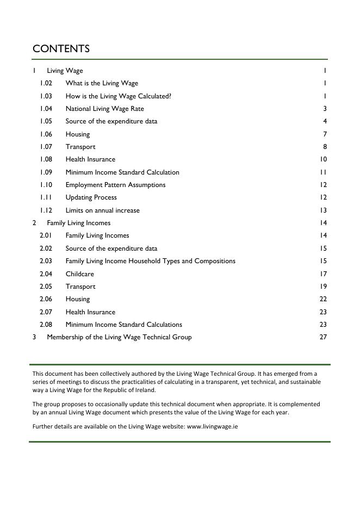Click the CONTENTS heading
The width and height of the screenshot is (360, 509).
(x=61, y=48)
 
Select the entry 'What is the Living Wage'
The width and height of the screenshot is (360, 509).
(x=102, y=83)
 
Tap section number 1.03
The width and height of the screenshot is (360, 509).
(x=46, y=96)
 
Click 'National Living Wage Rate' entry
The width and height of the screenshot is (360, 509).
(x=104, y=109)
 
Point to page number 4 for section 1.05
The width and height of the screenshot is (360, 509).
(x=325, y=121)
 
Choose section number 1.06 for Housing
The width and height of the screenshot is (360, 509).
(x=46, y=134)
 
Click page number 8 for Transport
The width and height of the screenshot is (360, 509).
(x=325, y=147)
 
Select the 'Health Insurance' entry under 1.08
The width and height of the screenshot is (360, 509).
(x=90, y=159)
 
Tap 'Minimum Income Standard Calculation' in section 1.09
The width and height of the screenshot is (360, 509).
(x=122, y=172)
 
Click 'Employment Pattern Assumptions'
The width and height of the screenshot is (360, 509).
(x=115, y=185)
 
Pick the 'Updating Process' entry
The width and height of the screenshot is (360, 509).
(x=91, y=197)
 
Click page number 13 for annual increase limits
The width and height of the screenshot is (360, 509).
(x=323, y=210)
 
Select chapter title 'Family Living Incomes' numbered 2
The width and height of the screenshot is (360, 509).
(x=78, y=223)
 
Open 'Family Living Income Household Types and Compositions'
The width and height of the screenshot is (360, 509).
(x=150, y=261)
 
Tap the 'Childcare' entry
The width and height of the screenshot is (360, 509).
(x=79, y=274)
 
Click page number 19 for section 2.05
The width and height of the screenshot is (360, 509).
(x=323, y=287)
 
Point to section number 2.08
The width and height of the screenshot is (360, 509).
(x=46, y=325)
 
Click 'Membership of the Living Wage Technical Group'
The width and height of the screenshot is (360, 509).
(x=119, y=337)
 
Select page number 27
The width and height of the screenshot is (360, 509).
(x=323, y=337)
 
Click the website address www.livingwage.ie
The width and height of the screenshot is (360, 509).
(x=212, y=426)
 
